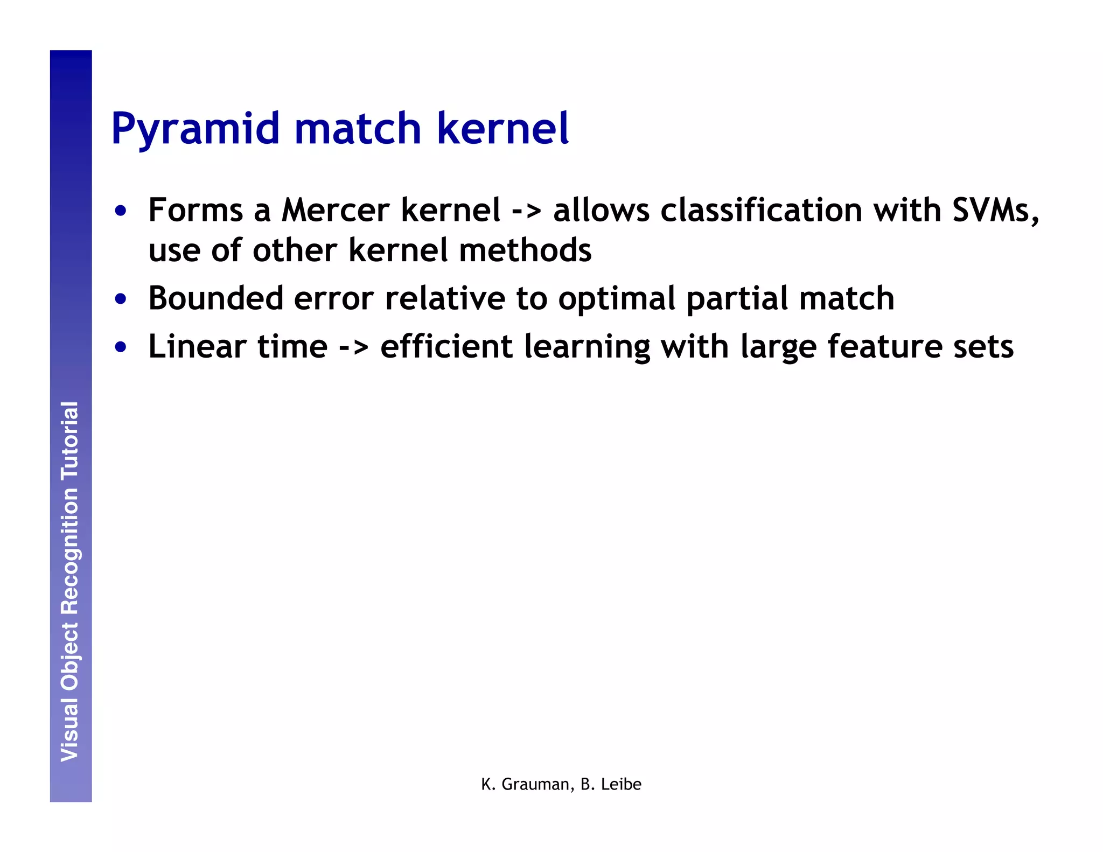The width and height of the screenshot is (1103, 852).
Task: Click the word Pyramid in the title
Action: pyautogui.click(x=196, y=129)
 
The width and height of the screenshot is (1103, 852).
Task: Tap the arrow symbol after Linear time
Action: pyautogui.click(x=353, y=347)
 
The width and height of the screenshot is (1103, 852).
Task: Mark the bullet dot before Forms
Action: pyautogui.click(x=121, y=211)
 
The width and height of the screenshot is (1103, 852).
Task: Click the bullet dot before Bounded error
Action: pyautogui.click(x=121, y=299)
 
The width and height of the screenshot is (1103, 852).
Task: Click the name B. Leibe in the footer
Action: pyautogui.click(x=611, y=784)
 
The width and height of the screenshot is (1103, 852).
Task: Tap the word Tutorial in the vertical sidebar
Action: pyautogui.click(x=70, y=441)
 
